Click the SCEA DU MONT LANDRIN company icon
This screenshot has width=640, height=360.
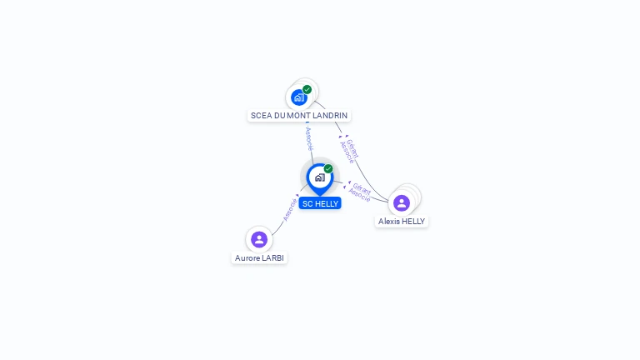coord(299,97)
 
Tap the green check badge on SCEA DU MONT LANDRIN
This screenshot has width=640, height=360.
coord(307,89)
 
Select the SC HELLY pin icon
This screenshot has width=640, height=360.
coord(319,177)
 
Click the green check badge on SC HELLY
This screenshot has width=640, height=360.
coord(328,168)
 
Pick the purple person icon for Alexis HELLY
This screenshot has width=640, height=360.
coord(402,202)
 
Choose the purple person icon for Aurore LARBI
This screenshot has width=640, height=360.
coord(259,239)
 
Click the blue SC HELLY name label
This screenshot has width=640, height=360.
coord(320,203)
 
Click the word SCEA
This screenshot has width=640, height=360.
coord(262,115)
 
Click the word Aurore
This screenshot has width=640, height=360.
coord(247,258)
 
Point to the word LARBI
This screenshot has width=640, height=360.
coord(272,258)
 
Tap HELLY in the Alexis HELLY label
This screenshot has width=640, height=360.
coord(413,222)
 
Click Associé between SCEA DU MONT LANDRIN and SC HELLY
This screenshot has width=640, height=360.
coord(309,138)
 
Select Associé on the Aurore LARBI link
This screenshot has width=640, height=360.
coord(290,208)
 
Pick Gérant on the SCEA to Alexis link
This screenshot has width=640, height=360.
coord(353,147)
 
